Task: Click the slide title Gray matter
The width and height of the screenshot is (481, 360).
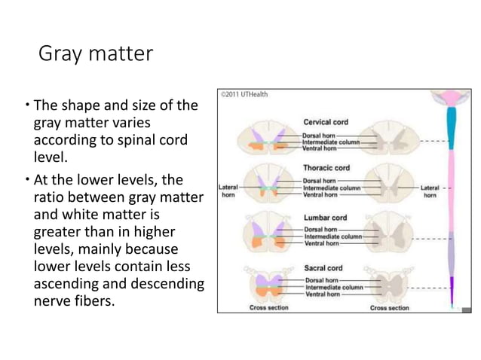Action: click(x=94, y=54)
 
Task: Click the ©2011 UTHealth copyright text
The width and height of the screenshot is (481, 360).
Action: click(x=244, y=95)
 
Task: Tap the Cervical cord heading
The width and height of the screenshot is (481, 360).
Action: click(x=326, y=122)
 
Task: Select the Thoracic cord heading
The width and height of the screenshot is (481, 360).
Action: click(x=326, y=168)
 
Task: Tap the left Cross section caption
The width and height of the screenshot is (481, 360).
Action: click(x=268, y=308)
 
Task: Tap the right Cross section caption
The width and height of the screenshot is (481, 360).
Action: click(x=391, y=308)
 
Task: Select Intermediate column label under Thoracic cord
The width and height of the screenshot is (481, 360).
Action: click(x=332, y=188)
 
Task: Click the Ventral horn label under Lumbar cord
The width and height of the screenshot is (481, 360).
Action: click(x=321, y=243)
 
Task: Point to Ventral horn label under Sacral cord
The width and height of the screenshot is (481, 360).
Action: click(x=323, y=294)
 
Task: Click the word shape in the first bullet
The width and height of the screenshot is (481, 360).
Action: click(x=84, y=106)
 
